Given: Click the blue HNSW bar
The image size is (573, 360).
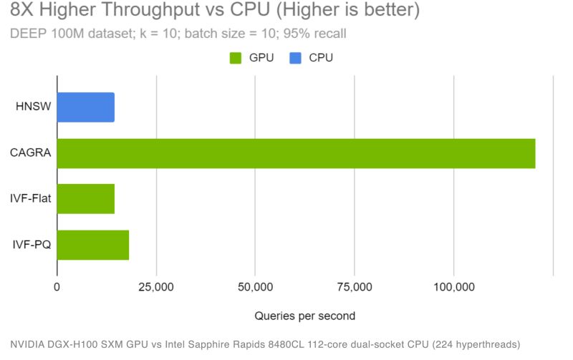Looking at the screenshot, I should tap(85, 107).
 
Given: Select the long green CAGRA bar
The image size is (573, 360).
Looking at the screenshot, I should tap(296, 153).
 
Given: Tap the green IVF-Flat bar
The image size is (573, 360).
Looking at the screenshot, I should tap(85, 199).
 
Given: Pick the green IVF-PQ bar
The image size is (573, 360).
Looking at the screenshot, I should tap(92, 245).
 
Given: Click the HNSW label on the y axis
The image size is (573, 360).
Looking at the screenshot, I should tap(33, 107).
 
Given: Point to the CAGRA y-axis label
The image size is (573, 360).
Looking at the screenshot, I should tap(31, 153).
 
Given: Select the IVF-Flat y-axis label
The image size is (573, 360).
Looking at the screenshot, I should tap(30, 199).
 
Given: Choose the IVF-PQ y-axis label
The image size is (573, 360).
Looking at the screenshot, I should tap(32, 245).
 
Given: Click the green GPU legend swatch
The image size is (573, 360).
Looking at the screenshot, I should tap(235, 58).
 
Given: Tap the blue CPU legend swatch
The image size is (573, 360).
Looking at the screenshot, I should tap(294, 58).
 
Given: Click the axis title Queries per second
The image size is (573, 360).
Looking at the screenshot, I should tap(305, 315).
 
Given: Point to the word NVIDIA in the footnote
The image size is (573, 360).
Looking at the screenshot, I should tap(27, 343).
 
